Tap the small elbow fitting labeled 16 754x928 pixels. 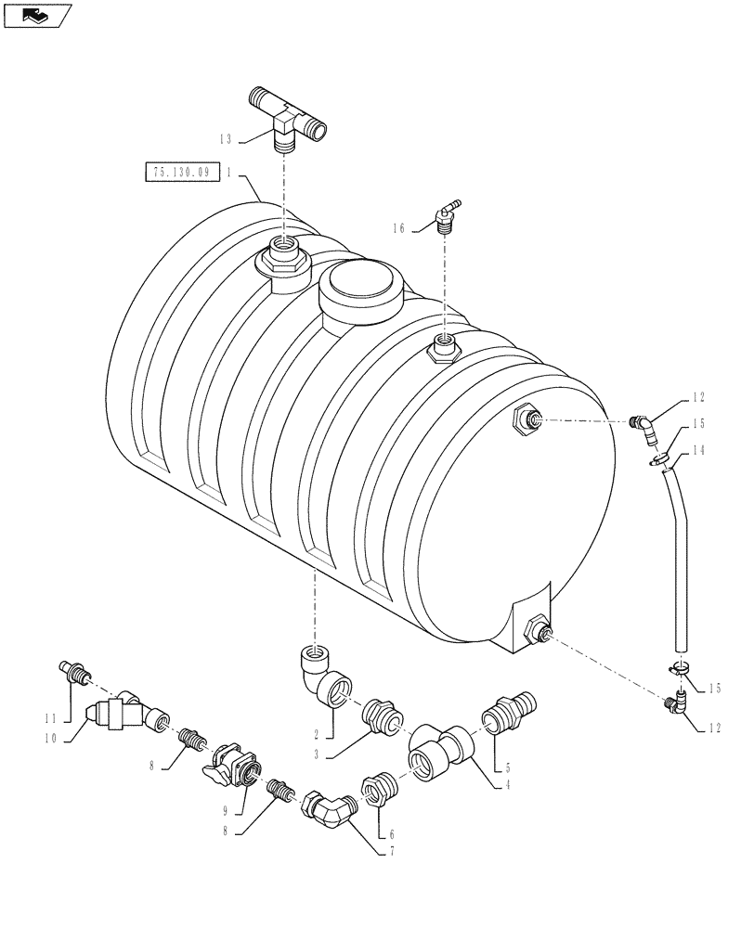click(447, 214)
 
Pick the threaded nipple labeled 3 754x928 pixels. click(383, 715)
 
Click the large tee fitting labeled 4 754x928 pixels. click(437, 750)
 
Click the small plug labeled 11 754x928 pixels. click(73, 670)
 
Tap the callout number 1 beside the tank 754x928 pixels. click(227, 173)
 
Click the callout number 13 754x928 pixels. click(225, 139)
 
